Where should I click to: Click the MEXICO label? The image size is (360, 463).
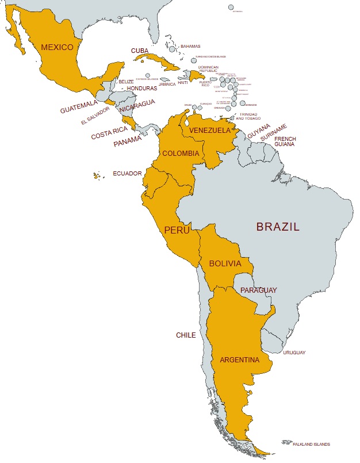[58, 47]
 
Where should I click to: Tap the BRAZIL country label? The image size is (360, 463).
[278, 227]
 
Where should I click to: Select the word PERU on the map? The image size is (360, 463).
[177, 230]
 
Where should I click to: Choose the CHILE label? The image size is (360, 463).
[186, 335]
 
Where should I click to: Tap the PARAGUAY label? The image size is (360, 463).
[258, 290]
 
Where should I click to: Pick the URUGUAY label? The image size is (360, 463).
[294, 353]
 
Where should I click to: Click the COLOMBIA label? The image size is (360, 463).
[181, 154]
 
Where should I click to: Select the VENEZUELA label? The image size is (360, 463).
[210, 131]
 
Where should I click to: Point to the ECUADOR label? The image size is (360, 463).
[127, 173]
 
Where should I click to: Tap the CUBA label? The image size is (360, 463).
[140, 51]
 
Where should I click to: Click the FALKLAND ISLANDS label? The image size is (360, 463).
[311, 444]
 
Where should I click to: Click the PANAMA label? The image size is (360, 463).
[128, 140]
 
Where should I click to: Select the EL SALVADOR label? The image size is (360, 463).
[95, 116]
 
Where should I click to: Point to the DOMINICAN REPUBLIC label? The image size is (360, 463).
[208, 69]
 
